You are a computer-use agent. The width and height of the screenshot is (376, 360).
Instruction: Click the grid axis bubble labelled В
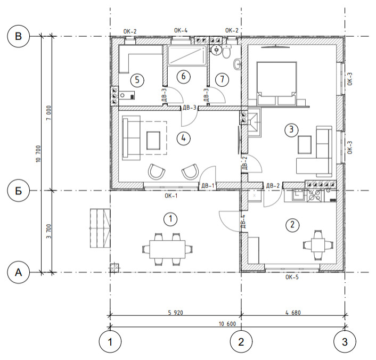pyautogui.click(x=19, y=36)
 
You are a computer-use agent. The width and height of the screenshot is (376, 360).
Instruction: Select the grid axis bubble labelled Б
pyautogui.click(x=19, y=191)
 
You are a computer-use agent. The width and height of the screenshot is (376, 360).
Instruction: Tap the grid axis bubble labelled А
pyautogui.click(x=19, y=273)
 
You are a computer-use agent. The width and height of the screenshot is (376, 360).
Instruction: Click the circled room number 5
pyautogui.click(x=137, y=80)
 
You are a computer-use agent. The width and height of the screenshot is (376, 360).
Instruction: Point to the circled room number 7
pyautogui.click(x=222, y=79)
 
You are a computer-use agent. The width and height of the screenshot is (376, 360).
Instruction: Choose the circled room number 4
pyautogui.click(x=183, y=138)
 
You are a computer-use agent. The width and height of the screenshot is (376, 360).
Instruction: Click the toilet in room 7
pyautogui.click(x=226, y=52)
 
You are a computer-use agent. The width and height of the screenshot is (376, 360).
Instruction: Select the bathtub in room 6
pyautogui.click(x=187, y=55)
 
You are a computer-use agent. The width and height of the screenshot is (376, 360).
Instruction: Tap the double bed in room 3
pyautogui.click(x=276, y=83)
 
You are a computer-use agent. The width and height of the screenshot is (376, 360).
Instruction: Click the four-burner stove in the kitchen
pyautogui.click(x=315, y=195)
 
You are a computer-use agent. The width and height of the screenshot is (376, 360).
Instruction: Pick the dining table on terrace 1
pyautogui.click(x=167, y=249)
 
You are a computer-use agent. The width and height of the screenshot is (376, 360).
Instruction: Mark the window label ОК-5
pyautogui.click(x=292, y=277)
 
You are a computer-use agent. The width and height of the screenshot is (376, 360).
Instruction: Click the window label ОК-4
pyautogui.click(x=181, y=30)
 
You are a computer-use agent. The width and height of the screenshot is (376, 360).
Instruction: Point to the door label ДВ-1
pyautogui.click(x=208, y=186)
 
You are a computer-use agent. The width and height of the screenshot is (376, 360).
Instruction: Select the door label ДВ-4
pyautogui.click(x=243, y=222)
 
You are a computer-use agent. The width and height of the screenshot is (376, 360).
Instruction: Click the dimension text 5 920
pyautogui.click(x=176, y=313)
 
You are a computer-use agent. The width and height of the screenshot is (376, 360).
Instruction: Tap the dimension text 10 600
pyautogui.click(x=227, y=324)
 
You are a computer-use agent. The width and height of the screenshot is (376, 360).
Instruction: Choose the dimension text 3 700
pyautogui.click(x=48, y=231)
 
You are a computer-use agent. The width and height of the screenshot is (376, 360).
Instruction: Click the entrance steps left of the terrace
pyautogui.click(x=100, y=228)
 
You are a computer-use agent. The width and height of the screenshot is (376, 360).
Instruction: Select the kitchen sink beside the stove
pyautogui.click(x=296, y=195)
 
